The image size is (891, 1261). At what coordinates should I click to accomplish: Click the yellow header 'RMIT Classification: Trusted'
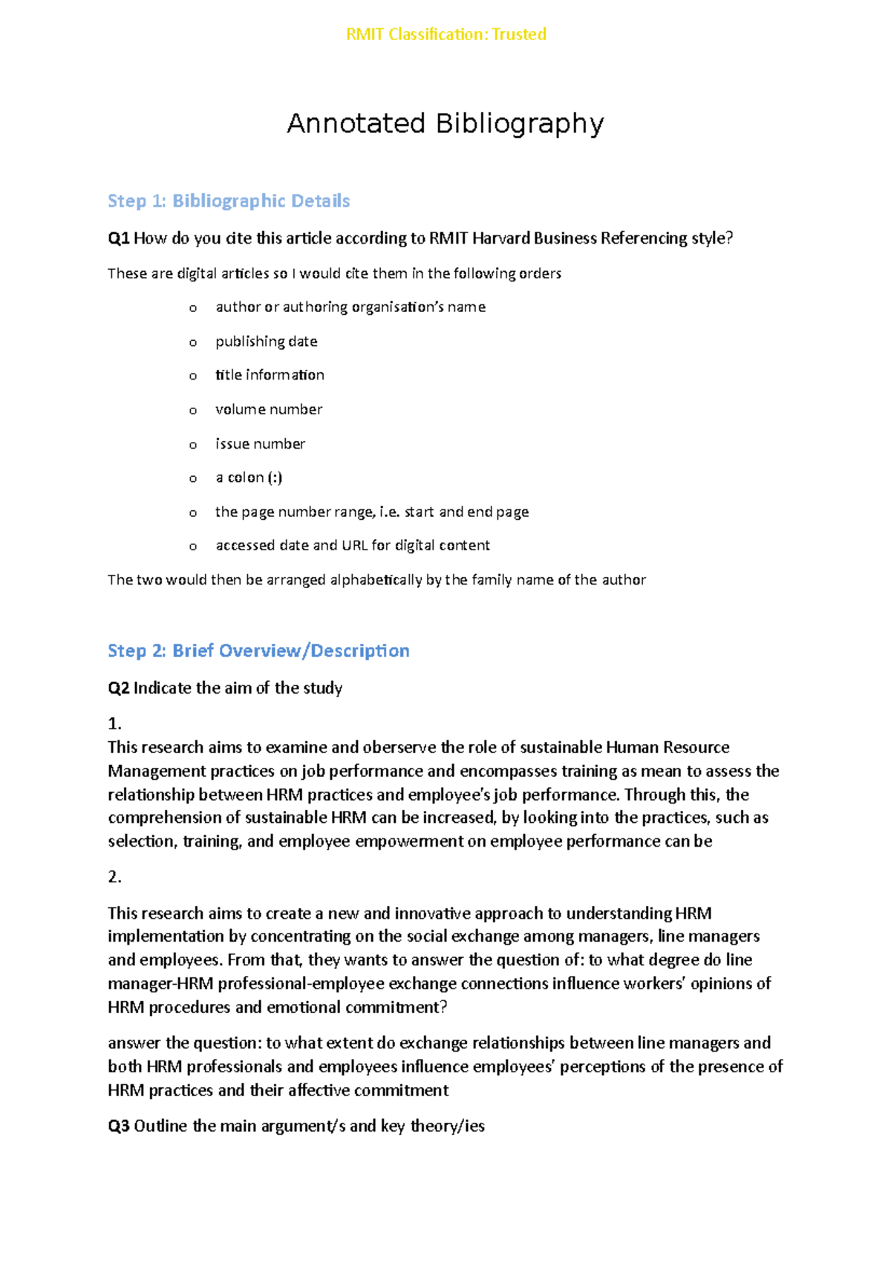(x=446, y=34)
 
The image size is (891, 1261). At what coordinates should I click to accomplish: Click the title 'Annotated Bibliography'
(x=446, y=123)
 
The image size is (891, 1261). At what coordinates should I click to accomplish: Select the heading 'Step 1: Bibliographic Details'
(x=229, y=201)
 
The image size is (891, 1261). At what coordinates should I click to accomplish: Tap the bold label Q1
(x=119, y=238)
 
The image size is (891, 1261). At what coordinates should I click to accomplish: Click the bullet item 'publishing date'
(x=266, y=342)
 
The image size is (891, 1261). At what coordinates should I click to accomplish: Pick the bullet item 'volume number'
(x=269, y=409)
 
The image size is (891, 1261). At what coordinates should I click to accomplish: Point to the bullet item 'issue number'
(x=260, y=444)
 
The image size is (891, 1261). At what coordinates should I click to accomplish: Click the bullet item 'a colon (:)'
(x=249, y=478)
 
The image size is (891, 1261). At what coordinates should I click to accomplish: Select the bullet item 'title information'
(x=270, y=375)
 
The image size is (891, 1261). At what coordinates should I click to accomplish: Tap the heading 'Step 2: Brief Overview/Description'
(x=258, y=651)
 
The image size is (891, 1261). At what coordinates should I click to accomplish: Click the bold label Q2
(x=119, y=688)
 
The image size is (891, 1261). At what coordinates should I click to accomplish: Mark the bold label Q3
(x=119, y=1127)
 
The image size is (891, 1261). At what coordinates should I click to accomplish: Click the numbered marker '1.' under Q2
(x=114, y=723)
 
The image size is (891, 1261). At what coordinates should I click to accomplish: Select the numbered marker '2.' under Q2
(x=114, y=877)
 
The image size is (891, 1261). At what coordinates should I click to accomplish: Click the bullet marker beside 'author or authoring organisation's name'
(x=193, y=308)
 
